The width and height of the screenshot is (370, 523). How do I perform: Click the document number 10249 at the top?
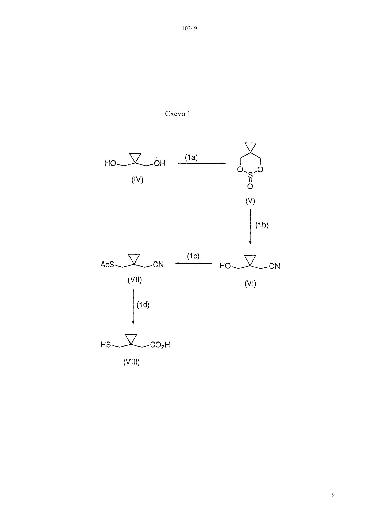click(189, 28)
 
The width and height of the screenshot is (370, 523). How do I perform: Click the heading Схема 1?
click(178, 114)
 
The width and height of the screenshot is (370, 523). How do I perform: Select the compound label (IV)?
click(137, 180)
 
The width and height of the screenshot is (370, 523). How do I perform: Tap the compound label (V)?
click(250, 201)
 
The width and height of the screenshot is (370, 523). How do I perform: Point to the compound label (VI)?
click(250, 283)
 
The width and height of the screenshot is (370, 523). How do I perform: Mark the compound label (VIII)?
click(131, 362)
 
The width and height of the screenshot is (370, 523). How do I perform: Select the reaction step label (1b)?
click(262, 225)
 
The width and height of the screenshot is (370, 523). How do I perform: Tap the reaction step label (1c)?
click(193, 256)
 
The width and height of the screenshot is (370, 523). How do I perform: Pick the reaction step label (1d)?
click(143, 305)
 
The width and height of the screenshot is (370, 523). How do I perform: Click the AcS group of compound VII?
click(107, 264)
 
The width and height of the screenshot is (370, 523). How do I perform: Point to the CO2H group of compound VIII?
click(160, 345)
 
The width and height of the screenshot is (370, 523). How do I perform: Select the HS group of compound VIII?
click(106, 345)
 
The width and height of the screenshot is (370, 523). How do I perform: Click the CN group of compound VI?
click(274, 266)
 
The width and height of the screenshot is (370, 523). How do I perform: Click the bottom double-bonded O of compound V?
click(250, 186)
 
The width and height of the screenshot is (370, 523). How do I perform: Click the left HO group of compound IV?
click(110, 163)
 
